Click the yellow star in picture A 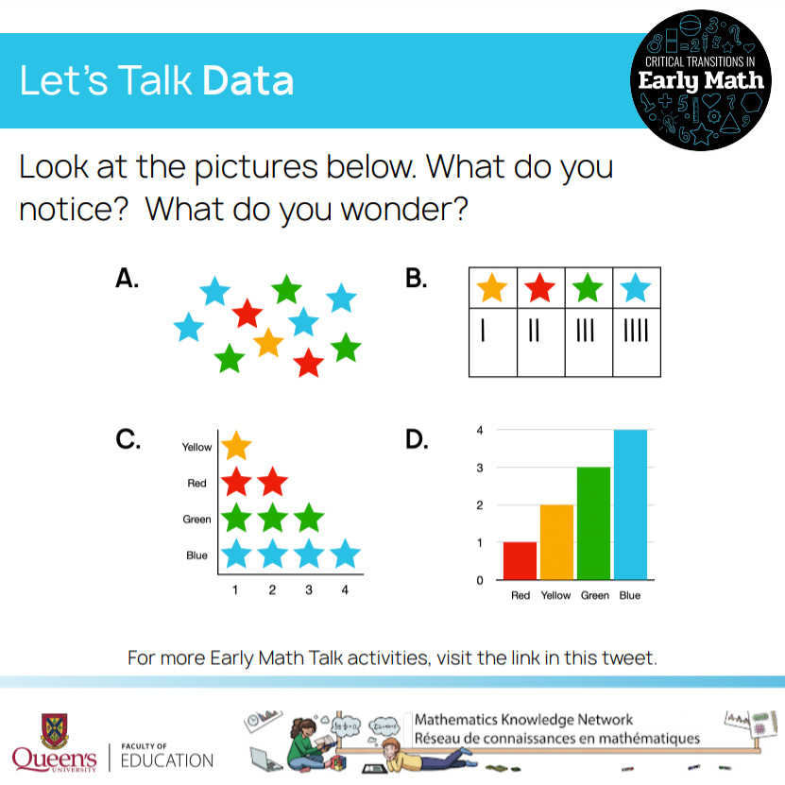point(268,341)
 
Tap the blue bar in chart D point(631,504)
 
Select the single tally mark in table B point(493,334)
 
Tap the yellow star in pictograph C point(236,445)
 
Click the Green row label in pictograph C point(196,520)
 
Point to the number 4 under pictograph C point(344,591)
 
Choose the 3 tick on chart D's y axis point(480,468)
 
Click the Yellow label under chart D point(556,596)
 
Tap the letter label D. point(417,440)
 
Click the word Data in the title point(247,80)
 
